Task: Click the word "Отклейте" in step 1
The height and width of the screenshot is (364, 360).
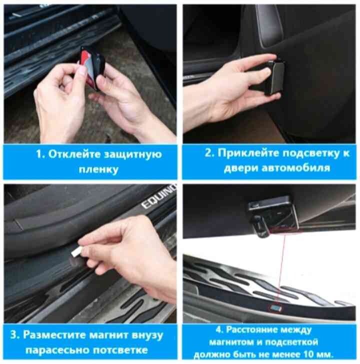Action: coord(74,154)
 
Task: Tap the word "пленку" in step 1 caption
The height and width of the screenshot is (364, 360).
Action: coord(98,169)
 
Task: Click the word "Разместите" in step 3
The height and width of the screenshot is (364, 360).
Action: coord(54,335)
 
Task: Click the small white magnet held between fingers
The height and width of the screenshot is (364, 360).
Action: coord(77,252)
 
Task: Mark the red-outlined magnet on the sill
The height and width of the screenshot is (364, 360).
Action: coord(275,308)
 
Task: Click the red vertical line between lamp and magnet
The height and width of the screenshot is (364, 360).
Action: coord(281,269)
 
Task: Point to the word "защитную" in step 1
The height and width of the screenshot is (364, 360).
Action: coord(133,155)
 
